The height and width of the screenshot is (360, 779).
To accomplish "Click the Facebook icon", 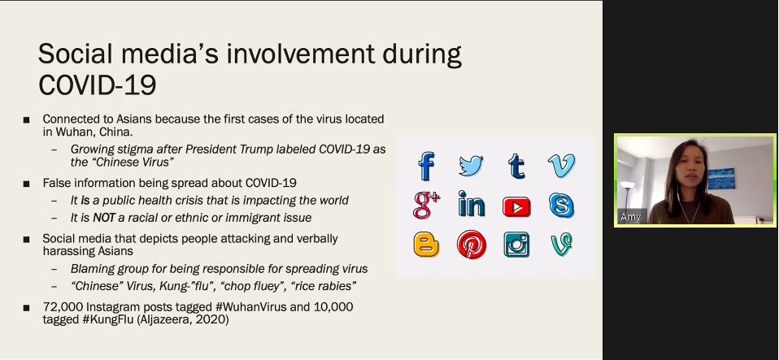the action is coord(427,166).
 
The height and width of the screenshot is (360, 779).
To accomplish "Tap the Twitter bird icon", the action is coord(471,166).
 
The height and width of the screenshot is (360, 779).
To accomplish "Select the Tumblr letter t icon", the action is coord(516,166).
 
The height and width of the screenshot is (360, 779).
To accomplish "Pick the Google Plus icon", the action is coord(426,205).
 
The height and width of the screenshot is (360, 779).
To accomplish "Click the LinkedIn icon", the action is coord(471,204).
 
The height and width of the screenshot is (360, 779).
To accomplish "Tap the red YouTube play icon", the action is coord(516,206).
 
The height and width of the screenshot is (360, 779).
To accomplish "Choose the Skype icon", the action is coord(562,205).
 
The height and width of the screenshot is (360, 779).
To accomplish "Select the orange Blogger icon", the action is coord(426,245).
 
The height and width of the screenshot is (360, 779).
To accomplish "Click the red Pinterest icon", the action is coord(471,245).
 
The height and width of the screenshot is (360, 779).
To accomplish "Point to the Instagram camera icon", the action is coord(516,245).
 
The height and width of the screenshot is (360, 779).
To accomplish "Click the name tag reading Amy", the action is coord(630,217).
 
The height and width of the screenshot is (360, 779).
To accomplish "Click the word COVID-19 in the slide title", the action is coord(98,85).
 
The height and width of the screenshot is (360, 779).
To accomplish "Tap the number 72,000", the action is coord(63,307).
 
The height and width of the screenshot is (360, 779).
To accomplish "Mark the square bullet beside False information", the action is coord(26,184).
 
